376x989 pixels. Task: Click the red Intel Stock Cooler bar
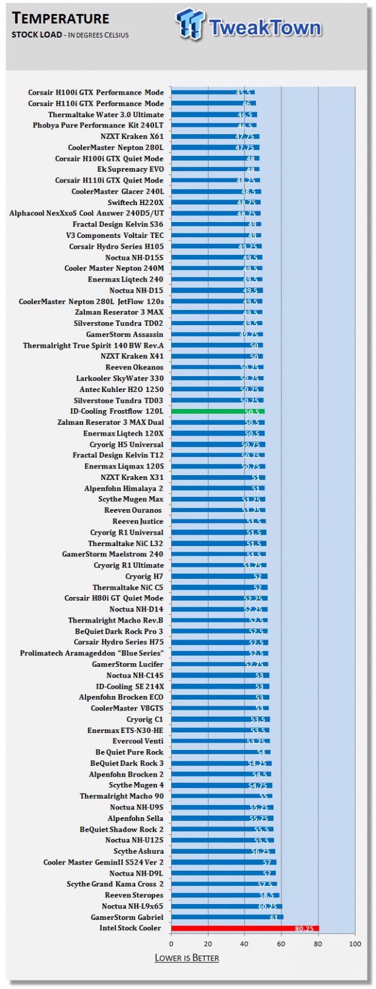(x=244, y=928)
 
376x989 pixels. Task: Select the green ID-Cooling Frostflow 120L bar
(x=218, y=411)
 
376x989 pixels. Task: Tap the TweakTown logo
(x=249, y=25)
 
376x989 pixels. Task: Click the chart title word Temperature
(x=61, y=18)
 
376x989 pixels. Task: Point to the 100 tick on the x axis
(x=355, y=943)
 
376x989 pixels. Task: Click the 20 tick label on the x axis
(x=208, y=943)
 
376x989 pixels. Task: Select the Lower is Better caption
(x=187, y=958)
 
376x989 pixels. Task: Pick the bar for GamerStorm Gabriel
(x=227, y=917)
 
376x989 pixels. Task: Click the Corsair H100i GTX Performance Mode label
(x=96, y=93)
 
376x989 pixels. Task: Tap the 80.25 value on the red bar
(x=304, y=928)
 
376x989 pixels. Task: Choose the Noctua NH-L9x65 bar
(x=226, y=906)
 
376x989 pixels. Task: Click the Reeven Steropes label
(x=134, y=896)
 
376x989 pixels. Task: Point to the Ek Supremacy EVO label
(x=130, y=169)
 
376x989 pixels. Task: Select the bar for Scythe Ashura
(x=223, y=851)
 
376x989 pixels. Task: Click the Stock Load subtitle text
(x=36, y=35)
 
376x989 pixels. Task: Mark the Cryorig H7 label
(x=144, y=576)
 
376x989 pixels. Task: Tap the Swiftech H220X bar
(x=215, y=203)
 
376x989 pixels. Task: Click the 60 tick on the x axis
(x=281, y=943)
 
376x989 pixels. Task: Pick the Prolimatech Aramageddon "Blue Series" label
(x=92, y=653)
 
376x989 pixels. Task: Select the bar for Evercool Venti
(x=220, y=741)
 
